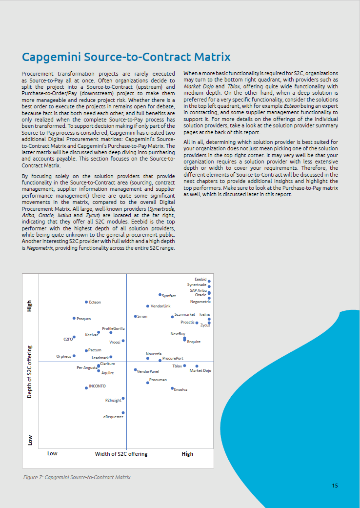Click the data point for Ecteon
pyautogui.click(x=86, y=303)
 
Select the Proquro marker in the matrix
pyautogui.click(x=74, y=319)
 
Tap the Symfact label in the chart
pyautogui.click(x=169, y=296)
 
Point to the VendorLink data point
pyautogui.click(x=148, y=306)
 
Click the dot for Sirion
pyautogui.click(x=135, y=316)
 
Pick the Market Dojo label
pyautogui.click(x=200, y=371)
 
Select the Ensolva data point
pyautogui.click(x=172, y=388)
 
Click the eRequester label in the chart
pyautogui.click(x=113, y=417)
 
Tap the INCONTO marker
pyautogui.click(x=86, y=387)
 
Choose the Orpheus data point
pyautogui.click(x=74, y=356)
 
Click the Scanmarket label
pyautogui.click(x=185, y=315)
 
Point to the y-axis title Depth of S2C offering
pyautogui.click(x=30, y=372)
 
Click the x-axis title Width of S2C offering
pyautogui.click(x=121, y=454)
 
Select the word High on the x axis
pyautogui.click(x=187, y=454)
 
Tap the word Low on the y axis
pyautogui.click(x=30, y=440)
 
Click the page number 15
pyautogui.click(x=335, y=486)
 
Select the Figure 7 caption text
pyautogui.click(x=77, y=477)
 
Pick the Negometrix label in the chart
pyautogui.click(x=200, y=302)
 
